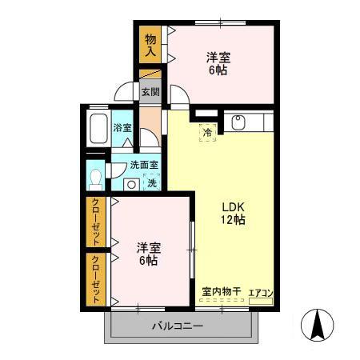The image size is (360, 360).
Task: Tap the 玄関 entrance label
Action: pyautogui.click(x=150, y=91)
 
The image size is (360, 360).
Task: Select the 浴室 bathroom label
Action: pyautogui.click(x=122, y=127)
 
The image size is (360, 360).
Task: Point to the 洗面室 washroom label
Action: pyautogui.click(x=144, y=166)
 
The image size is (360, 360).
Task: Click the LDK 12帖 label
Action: pyautogui.click(x=234, y=213)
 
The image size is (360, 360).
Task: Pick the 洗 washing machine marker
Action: pyautogui.click(x=151, y=182)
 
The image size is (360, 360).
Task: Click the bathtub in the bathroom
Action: pyautogui.click(x=98, y=127)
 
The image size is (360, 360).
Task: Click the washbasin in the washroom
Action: pyautogui.click(x=130, y=183)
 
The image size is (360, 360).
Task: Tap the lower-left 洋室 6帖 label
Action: pyautogui.click(x=146, y=254)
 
